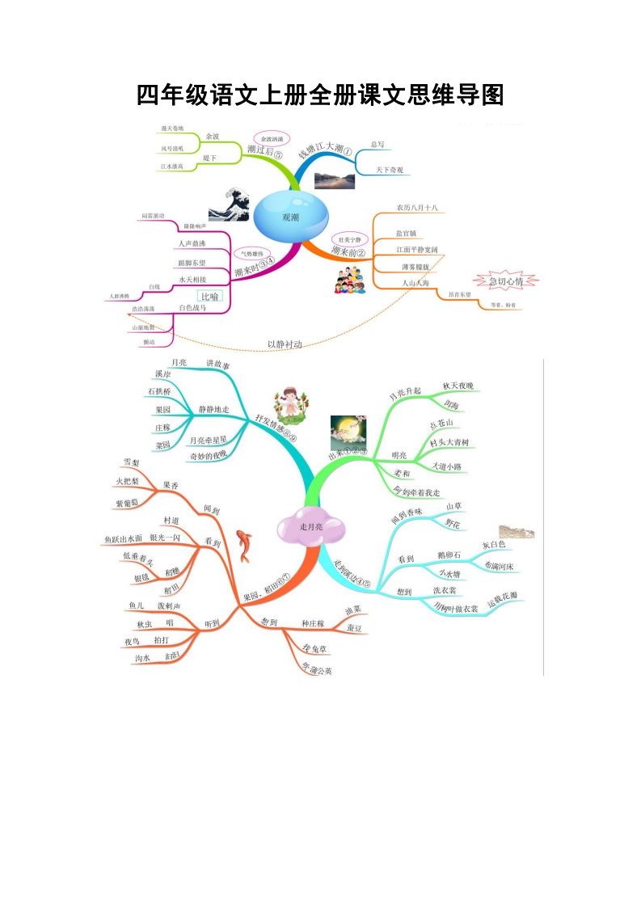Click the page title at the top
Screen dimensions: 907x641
[320, 95]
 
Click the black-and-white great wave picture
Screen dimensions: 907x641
[229, 205]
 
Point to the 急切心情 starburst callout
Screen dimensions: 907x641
[506, 281]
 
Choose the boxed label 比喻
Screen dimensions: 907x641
[210, 297]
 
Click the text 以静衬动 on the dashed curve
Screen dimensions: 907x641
[285, 344]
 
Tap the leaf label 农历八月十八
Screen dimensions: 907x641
[416, 208]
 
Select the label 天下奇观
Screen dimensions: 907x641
[389, 170]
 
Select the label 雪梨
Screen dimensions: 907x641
[131, 462]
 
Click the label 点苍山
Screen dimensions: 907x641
[442, 424]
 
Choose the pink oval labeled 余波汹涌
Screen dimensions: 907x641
[273, 139]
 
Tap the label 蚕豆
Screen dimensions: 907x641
[354, 627]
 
